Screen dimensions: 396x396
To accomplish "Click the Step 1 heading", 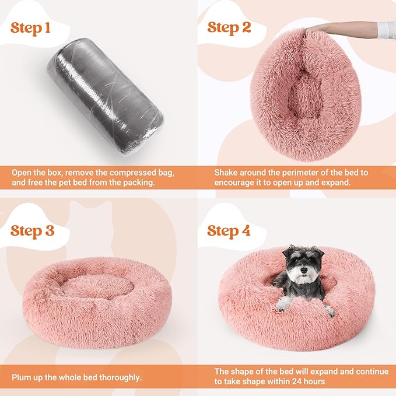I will [35, 29].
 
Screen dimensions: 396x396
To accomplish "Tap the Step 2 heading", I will [229, 27].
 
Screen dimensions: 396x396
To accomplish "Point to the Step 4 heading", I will [229, 230].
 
